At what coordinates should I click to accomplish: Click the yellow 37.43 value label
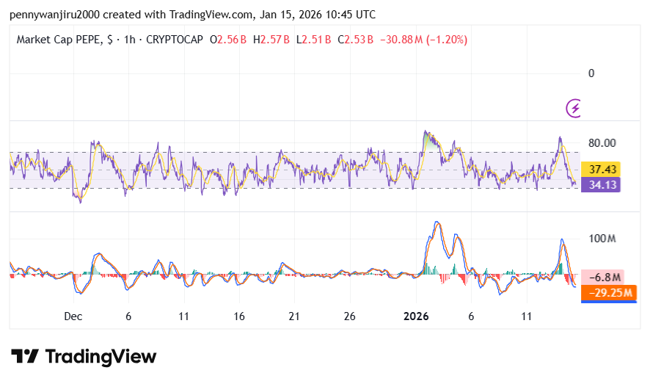click(600, 170)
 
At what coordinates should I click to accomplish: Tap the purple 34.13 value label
click(600, 185)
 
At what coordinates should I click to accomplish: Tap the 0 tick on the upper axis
click(591, 73)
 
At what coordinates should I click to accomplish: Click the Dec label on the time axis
click(73, 316)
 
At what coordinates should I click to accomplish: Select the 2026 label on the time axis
click(416, 316)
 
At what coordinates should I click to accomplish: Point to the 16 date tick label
click(239, 316)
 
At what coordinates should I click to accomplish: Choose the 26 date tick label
click(349, 316)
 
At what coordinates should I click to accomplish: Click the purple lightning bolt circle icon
click(575, 109)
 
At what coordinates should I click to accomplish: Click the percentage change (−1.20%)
click(448, 40)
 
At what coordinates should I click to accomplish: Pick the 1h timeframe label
click(131, 40)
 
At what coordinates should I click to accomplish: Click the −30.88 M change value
click(401, 40)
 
